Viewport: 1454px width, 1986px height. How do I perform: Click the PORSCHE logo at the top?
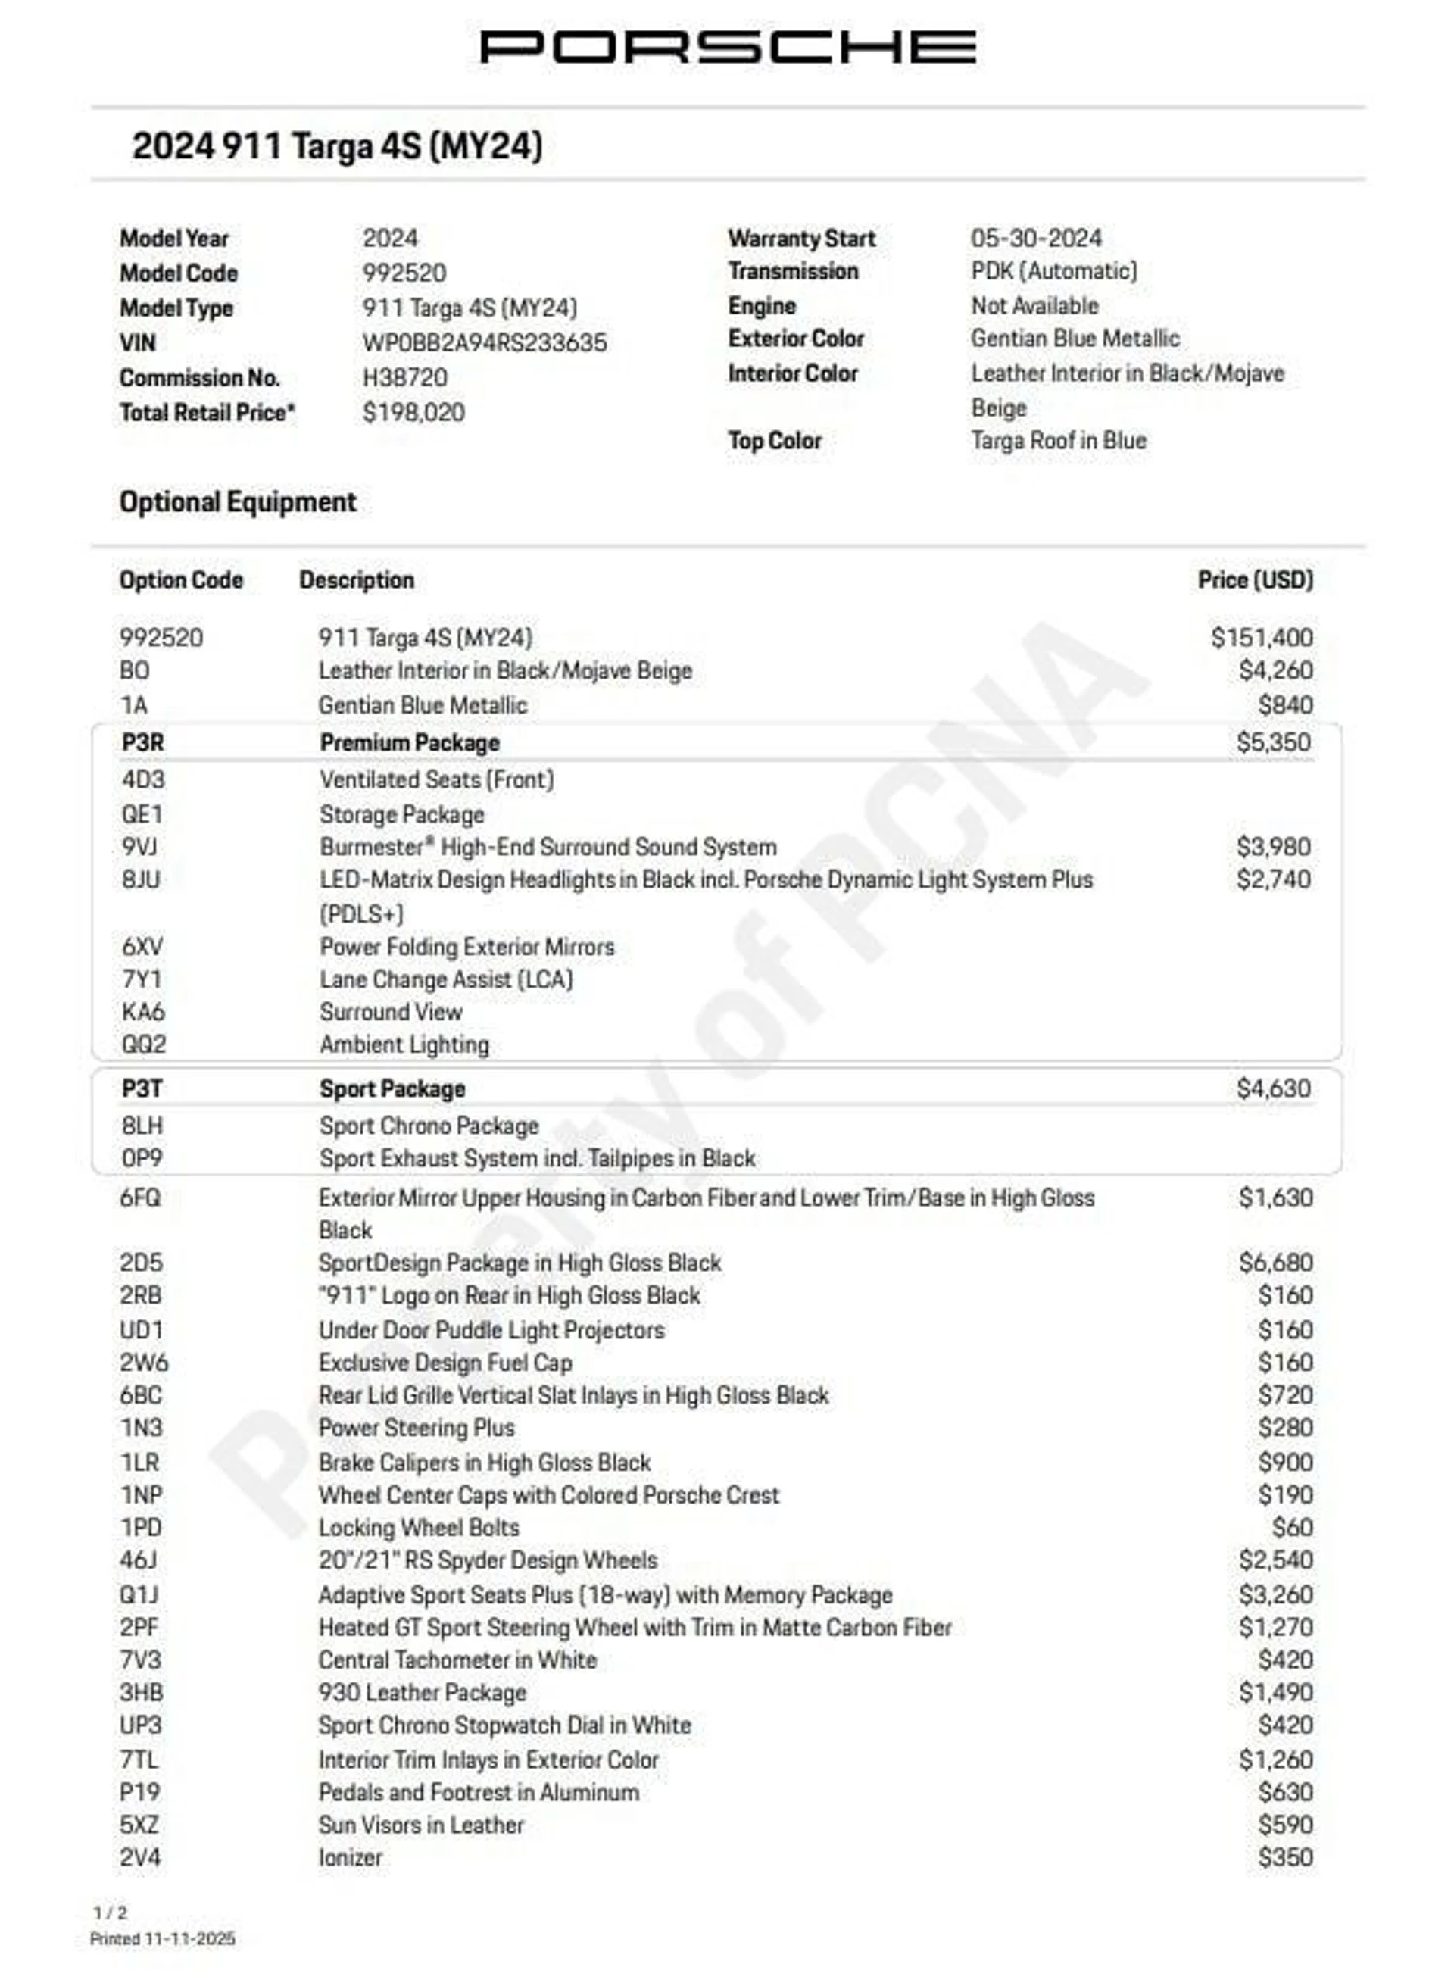click(727, 47)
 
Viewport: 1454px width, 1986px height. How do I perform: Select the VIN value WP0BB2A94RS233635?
click(484, 342)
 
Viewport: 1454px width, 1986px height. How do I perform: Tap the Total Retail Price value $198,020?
click(413, 412)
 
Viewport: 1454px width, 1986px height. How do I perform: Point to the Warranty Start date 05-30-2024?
click(1036, 238)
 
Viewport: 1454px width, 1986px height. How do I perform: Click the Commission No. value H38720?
click(405, 378)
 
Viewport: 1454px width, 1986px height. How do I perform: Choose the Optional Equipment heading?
click(238, 501)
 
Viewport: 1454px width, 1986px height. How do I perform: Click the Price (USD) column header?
click(1254, 579)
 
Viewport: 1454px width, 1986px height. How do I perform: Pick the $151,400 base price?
click(1261, 637)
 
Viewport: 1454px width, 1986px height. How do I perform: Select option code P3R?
click(142, 742)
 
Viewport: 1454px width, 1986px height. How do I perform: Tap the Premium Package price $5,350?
click(1273, 742)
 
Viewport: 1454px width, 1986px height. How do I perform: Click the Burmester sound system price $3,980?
click(1273, 847)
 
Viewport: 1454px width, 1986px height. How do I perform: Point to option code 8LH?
click(142, 1125)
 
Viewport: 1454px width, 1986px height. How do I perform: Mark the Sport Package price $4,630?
click(1273, 1088)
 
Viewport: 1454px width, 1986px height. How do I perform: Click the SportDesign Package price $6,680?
click(1275, 1263)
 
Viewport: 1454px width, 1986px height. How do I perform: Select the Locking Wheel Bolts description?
click(419, 1527)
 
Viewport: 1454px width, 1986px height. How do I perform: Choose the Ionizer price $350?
click(1285, 1856)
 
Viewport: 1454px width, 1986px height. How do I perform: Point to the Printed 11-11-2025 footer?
click(162, 1938)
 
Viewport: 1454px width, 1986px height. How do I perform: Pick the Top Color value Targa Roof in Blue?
click(1058, 440)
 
